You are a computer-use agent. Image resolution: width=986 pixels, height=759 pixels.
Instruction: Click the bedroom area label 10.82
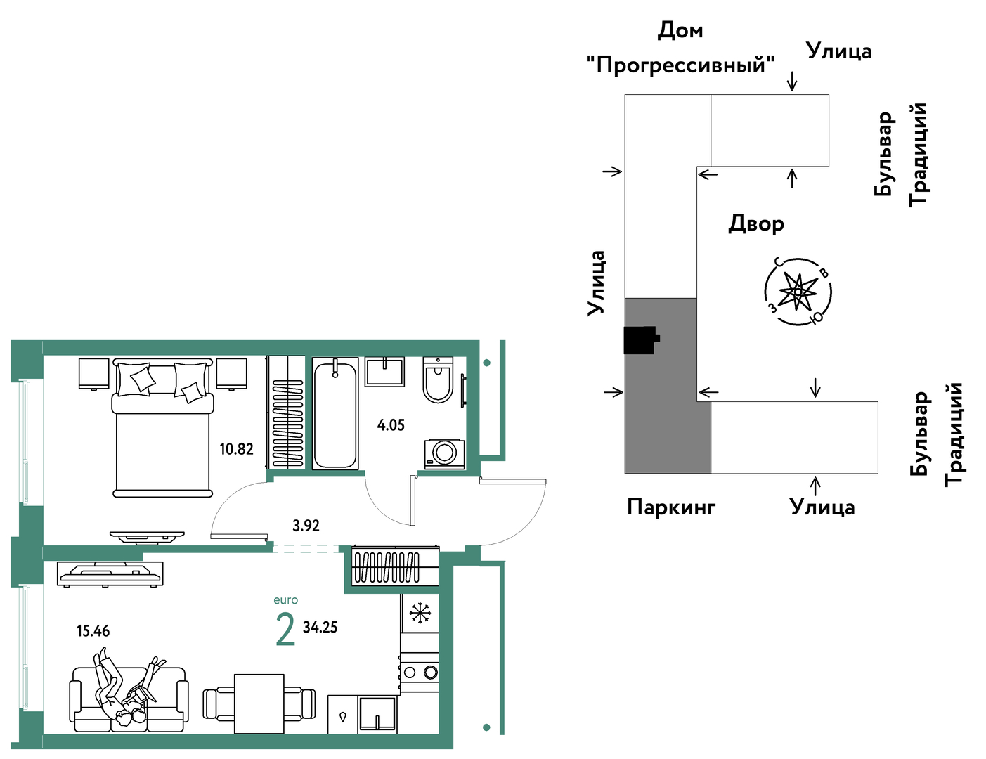[236, 449]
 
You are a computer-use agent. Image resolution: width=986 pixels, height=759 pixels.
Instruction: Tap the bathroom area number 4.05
[391, 425]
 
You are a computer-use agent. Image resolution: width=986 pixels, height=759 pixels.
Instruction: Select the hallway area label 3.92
[306, 526]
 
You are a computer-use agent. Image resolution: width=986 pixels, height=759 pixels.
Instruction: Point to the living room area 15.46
[93, 631]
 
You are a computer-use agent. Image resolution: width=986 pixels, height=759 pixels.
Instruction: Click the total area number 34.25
[320, 628]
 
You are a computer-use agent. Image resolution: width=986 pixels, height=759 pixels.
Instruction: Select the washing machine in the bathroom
[445, 454]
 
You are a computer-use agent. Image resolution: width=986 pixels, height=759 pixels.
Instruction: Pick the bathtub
[335, 414]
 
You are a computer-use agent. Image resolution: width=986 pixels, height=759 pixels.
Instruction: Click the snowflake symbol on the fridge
[420, 613]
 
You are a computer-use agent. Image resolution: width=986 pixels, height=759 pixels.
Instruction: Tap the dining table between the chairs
[259, 703]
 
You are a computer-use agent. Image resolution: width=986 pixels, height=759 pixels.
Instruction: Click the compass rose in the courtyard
[798, 292]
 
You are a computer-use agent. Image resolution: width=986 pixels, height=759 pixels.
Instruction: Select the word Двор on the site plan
[756, 224]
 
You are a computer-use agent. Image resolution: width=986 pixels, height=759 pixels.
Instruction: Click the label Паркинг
[671, 507]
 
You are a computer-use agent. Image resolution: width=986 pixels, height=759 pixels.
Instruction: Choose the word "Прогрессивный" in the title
[680, 65]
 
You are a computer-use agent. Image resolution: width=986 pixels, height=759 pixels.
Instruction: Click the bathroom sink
[385, 372]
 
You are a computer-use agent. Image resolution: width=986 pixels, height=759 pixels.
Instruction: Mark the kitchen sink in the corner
[377, 715]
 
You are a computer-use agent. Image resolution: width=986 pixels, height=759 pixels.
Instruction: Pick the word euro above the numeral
[286, 600]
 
